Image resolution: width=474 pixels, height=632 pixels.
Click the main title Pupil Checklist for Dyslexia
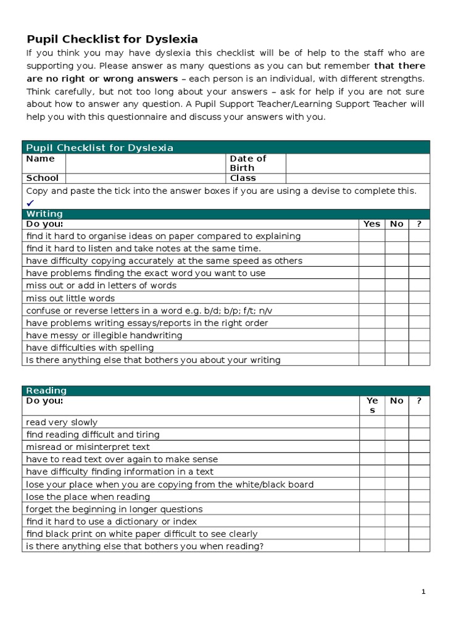point(112,39)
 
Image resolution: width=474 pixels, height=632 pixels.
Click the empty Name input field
point(145,163)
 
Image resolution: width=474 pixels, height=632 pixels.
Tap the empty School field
point(145,178)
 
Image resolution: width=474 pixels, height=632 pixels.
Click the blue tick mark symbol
point(30,203)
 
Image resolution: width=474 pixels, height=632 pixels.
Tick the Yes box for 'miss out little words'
point(372,298)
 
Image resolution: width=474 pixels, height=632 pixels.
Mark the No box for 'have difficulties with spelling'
point(397,347)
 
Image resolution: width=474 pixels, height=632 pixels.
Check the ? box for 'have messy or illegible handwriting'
point(419,335)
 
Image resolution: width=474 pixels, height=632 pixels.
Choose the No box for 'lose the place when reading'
point(397,497)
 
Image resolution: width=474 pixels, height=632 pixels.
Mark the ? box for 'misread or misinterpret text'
point(419,447)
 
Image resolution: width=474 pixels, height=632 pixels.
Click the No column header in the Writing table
point(397,224)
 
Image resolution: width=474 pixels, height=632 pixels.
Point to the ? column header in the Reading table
point(419,401)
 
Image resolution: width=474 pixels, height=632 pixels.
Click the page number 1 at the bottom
point(423,591)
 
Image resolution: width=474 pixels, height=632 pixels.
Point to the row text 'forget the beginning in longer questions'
point(114,509)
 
